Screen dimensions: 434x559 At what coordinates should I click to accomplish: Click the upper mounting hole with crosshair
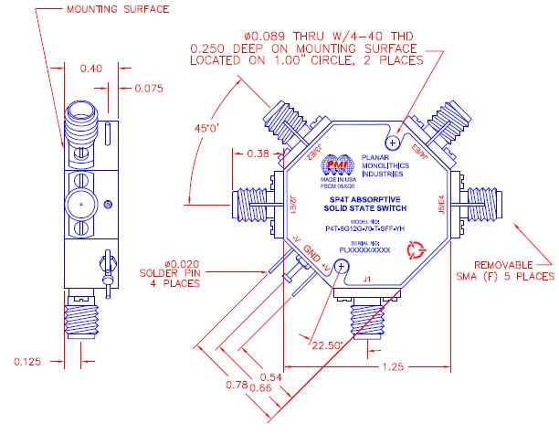click(x=394, y=142)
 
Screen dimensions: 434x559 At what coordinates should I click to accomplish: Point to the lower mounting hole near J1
click(x=341, y=266)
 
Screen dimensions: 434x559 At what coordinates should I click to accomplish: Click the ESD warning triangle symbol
click(x=417, y=246)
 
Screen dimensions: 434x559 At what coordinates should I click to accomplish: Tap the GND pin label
click(x=312, y=255)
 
